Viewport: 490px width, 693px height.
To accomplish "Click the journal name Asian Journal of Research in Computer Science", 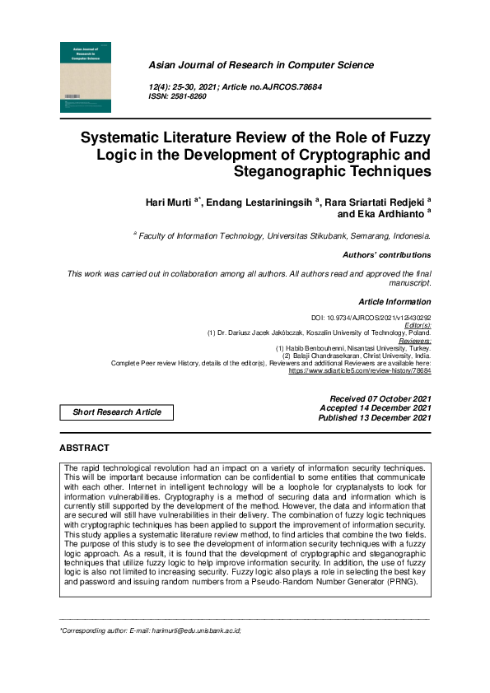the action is (x=260, y=65).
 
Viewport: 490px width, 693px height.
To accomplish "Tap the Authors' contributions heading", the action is (x=386, y=255).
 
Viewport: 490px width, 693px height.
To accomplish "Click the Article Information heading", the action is (x=394, y=302).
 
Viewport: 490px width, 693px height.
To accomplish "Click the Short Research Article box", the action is (x=117, y=412).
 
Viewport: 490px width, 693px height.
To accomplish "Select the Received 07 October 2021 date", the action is (x=380, y=398).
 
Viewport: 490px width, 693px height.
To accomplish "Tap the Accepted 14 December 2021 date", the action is (x=375, y=408).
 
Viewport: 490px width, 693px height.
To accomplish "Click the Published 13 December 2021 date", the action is (x=375, y=418).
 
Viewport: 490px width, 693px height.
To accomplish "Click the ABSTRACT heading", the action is (x=84, y=449).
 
